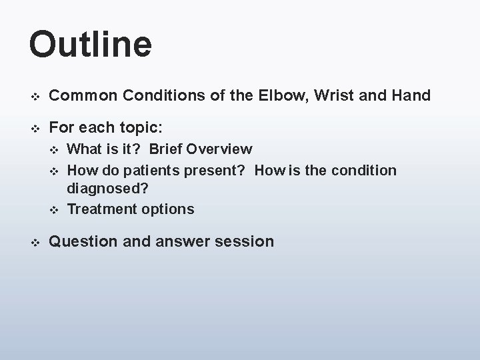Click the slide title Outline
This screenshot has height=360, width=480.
point(91,44)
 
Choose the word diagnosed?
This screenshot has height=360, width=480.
point(105,190)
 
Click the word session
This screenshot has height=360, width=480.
point(246,241)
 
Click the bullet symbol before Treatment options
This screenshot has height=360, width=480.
point(55,210)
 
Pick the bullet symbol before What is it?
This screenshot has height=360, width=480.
point(55,149)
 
